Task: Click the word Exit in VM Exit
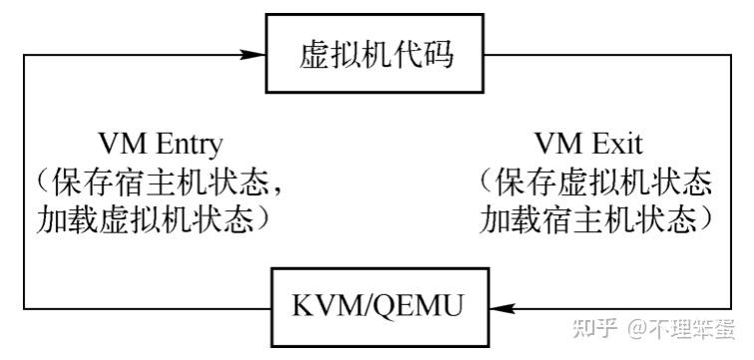point(619,142)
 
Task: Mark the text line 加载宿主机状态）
point(598,218)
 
